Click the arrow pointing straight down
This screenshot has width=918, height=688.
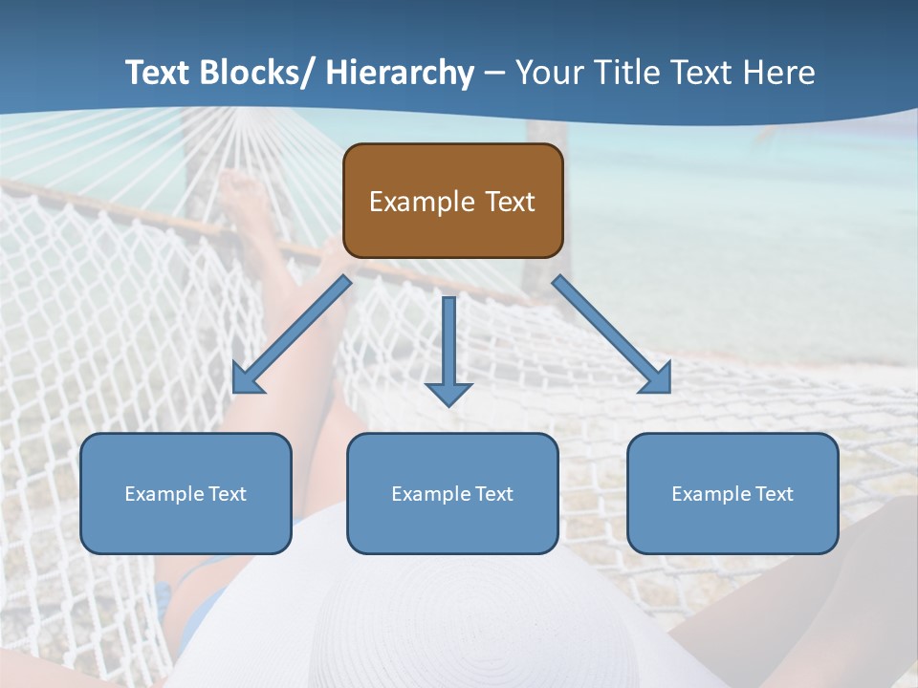pos(448,349)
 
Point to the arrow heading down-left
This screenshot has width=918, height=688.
pos(292,334)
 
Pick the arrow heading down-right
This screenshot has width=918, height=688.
pos(612,334)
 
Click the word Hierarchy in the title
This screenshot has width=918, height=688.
pos(400,73)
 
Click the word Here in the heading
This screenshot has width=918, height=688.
pos(779,73)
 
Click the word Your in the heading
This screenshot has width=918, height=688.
pos(549,73)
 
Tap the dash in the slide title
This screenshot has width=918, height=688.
pos(494,74)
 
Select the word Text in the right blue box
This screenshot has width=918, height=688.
pos(774,494)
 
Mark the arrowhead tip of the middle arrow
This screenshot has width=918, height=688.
pos(448,405)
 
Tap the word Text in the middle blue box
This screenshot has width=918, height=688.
pos(493,494)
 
